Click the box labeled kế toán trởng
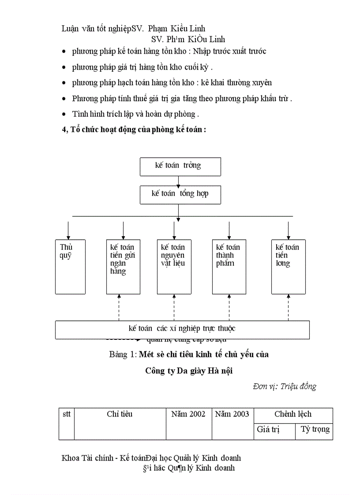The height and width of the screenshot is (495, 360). click(x=180, y=166)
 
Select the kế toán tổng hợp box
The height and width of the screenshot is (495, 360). click(x=180, y=194)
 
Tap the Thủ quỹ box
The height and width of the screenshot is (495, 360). click(x=70, y=267)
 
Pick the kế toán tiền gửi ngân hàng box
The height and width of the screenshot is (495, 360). click(x=123, y=267)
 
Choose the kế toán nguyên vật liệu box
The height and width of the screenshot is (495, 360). click(x=174, y=267)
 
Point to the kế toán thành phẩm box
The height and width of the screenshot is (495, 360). click(x=229, y=267)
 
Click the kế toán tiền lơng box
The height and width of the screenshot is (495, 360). click(x=288, y=267)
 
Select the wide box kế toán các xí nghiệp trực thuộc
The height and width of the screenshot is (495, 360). click(x=182, y=329)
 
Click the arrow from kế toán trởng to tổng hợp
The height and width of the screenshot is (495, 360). click(x=178, y=181)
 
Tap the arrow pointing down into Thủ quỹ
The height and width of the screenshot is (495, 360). click(x=68, y=230)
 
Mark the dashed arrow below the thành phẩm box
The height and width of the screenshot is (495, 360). click(x=229, y=307)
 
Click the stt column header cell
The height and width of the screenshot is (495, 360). click(x=67, y=424)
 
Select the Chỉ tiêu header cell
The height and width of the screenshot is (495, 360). click(x=120, y=424)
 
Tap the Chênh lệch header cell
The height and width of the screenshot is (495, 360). click(x=293, y=414)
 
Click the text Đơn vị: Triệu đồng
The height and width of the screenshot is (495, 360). click(x=285, y=387)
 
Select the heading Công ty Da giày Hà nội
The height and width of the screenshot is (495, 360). click(x=189, y=371)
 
